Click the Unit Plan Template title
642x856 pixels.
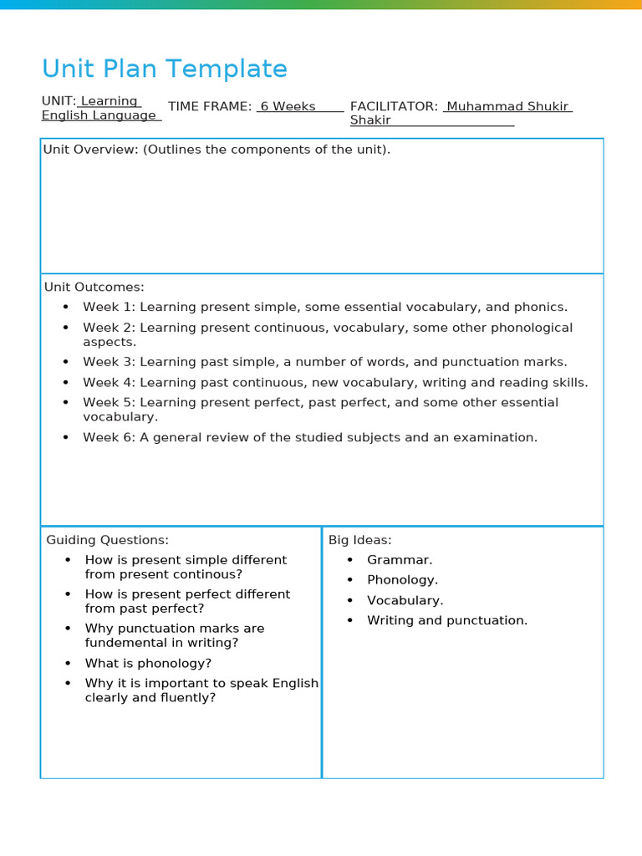[x=164, y=69]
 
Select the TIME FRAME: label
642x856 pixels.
[x=209, y=106]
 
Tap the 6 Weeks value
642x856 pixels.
[x=288, y=106]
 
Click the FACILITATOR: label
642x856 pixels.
[x=393, y=106]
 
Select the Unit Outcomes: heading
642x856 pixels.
[x=94, y=287]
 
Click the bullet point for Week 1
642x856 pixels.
[x=66, y=307]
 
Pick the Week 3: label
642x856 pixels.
[x=109, y=362]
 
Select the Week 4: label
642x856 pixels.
[x=109, y=382]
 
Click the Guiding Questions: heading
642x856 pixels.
[x=107, y=540]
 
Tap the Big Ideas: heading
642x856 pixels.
[x=359, y=540]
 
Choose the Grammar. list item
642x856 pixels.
[x=400, y=560]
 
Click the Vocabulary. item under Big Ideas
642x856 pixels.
[x=405, y=600]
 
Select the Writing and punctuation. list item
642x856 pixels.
[x=447, y=620]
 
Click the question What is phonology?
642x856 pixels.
[x=148, y=663]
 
